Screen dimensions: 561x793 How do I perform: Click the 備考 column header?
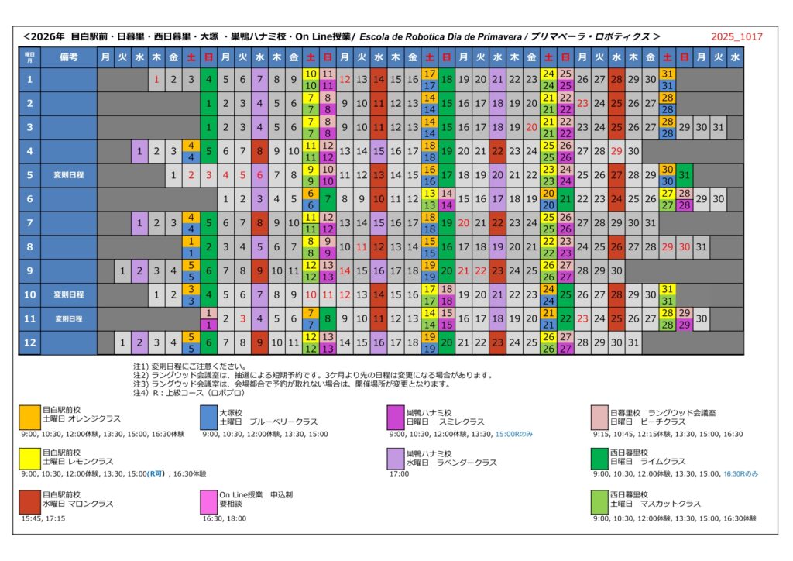[68, 57]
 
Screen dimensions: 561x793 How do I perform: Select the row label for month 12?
[30, 342]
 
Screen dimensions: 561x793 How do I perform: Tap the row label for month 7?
[30, 223]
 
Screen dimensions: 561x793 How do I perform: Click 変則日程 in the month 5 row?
[68, 175]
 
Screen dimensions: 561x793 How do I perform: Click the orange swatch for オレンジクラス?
[30, 417]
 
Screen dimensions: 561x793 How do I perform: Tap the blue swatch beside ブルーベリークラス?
[208, 417]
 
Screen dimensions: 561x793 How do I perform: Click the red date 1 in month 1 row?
[156, 79]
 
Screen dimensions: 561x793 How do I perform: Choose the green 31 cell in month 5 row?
[685, 175]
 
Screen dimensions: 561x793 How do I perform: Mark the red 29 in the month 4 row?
[616, 151]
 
